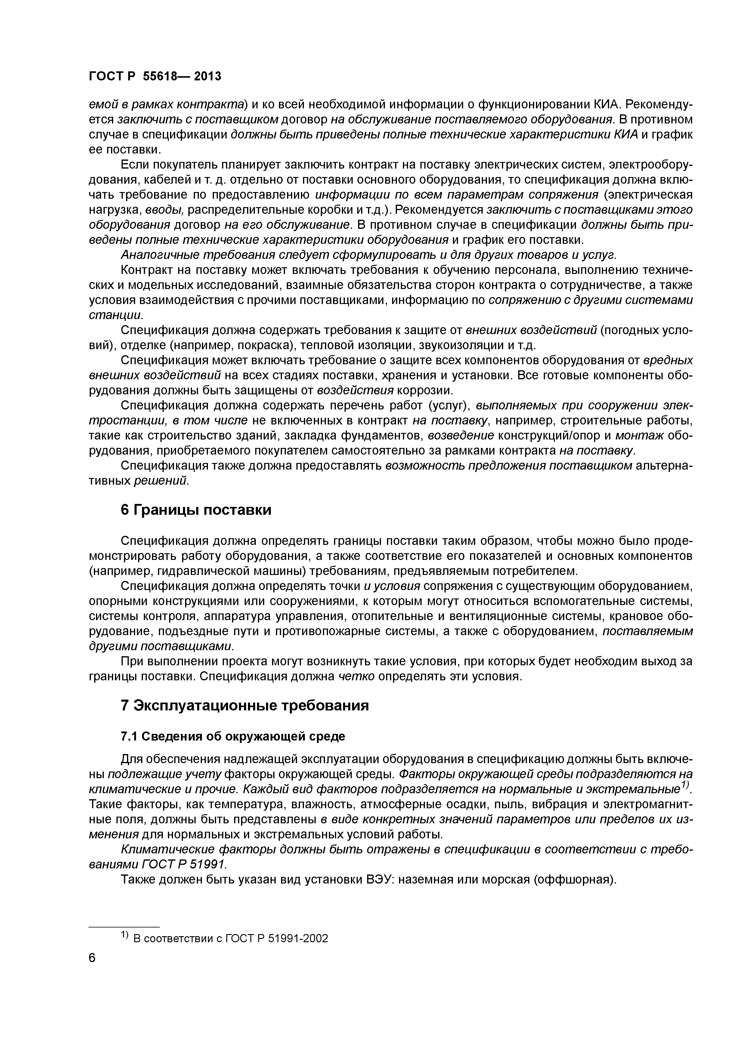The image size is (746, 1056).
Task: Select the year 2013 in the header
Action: click(x=207, y=76)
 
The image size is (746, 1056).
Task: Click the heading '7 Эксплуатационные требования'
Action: click(x=245, y=706)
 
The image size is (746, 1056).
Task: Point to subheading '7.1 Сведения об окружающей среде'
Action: click(x=233, y=736)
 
